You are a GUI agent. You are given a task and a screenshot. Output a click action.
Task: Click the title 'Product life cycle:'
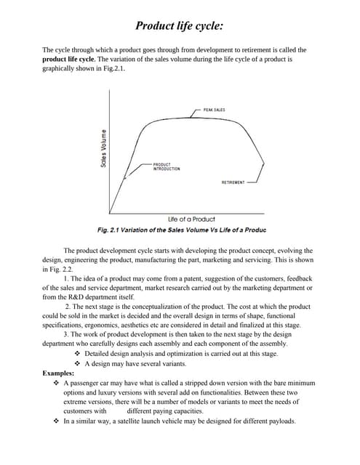pyautogui.click(x=179, y=27)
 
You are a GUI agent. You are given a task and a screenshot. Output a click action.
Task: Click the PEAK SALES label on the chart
pyautogui.click(x=215, y=110)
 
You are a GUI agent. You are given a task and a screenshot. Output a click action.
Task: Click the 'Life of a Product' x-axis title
pyautogui.click(x=191, y=219)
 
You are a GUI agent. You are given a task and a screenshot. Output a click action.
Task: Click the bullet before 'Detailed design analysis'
pyautogui.click(x=79, y=354)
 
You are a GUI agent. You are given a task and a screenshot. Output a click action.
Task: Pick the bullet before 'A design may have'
pyautogui.click(x=79, y=363)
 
